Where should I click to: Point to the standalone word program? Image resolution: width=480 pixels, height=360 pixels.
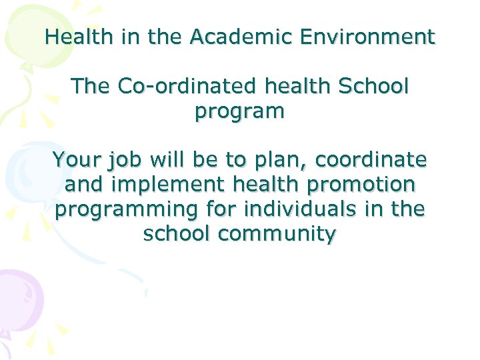coord(239,111)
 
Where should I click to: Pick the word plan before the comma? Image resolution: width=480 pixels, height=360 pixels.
coord(280,161)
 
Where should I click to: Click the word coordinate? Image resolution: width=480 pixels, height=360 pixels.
coord(371,160)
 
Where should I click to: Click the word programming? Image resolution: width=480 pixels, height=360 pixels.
coord(127,211)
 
